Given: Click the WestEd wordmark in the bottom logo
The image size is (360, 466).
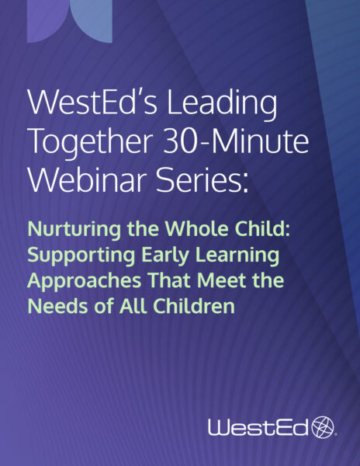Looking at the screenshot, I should (x=258, y=426).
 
